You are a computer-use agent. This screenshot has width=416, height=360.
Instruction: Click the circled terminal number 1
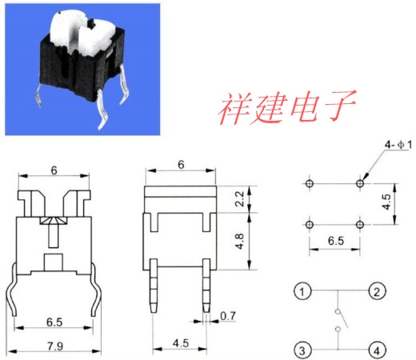pos(302,291)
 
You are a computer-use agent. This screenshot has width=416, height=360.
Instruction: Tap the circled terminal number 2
pos(377,291)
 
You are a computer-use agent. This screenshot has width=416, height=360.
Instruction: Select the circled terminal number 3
pos(302,350)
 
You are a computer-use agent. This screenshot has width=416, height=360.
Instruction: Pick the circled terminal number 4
pos(377,350)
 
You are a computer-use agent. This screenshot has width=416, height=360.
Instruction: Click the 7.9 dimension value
pos(55,346)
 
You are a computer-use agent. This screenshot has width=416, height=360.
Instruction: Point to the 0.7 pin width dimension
pos(228,316)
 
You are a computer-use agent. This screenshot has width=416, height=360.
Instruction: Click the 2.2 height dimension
pos(240,198)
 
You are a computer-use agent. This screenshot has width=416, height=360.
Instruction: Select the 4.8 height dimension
pos(240,241)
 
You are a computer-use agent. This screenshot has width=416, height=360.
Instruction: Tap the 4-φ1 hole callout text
pos(398,145)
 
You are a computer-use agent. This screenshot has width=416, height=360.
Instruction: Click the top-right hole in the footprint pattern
pos(360,183)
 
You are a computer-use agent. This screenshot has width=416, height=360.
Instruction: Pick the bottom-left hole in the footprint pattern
pos(310,225)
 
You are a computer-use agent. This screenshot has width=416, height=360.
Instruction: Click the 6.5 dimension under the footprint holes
pos(336,241)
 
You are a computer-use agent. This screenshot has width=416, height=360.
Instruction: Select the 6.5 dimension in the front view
pos(54,322)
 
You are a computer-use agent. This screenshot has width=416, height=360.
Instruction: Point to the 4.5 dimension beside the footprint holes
pos(386,202)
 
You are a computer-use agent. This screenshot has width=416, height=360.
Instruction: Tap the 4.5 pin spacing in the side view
pos(181,343)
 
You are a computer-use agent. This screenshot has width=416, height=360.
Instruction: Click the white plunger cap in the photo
pos(80,34)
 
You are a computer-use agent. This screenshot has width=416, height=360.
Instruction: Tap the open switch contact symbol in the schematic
pos(340,320)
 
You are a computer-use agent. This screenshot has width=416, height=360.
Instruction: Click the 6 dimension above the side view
pos(181,165)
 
